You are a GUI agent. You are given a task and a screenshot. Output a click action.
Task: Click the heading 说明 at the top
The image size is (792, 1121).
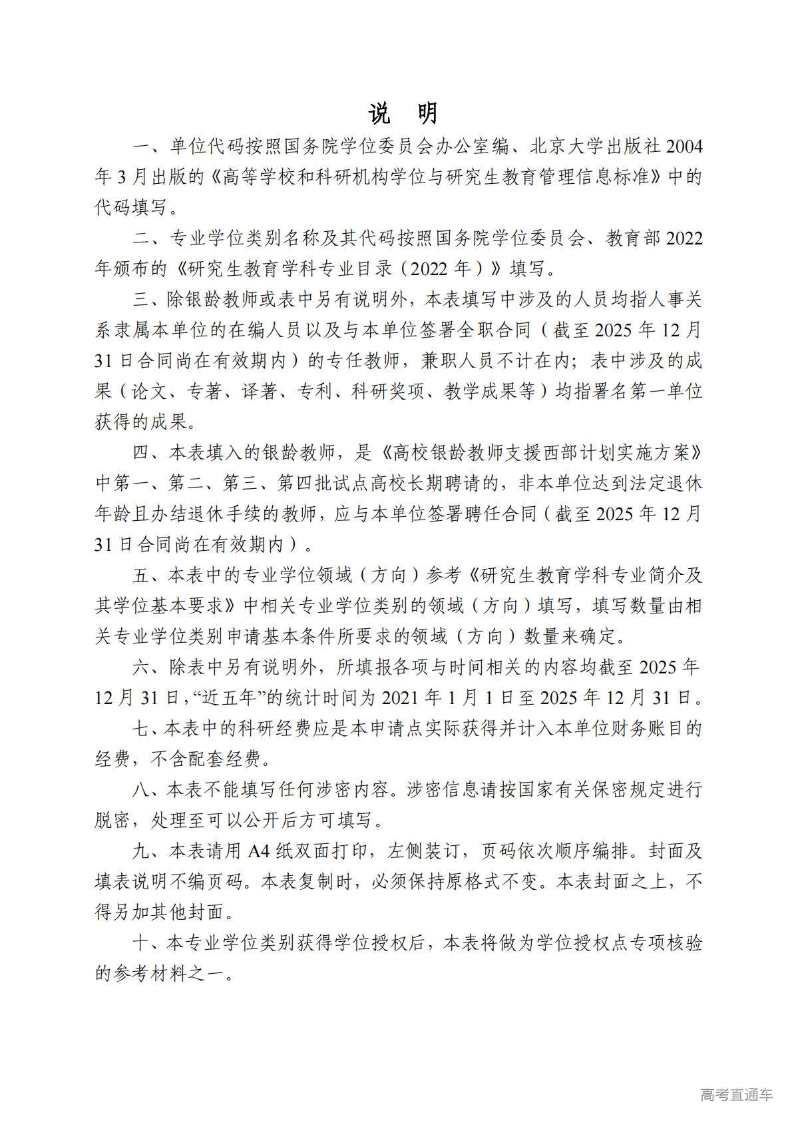click(403, 113)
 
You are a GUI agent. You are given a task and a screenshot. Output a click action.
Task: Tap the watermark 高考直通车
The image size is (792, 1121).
click(736, 1095)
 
